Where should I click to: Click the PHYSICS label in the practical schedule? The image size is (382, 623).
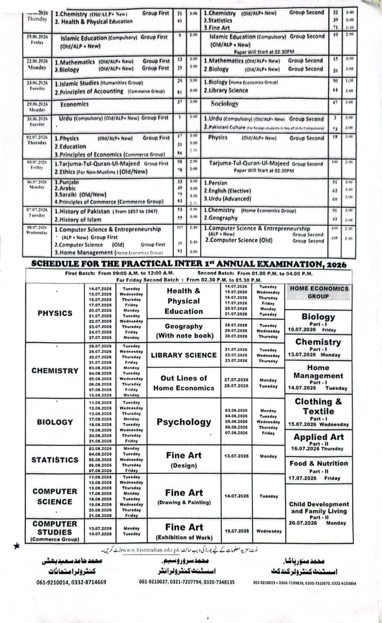(x=55, y=313)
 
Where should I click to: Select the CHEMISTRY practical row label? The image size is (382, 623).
(x=55, y=370)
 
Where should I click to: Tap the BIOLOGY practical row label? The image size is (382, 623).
(x=55, y=422)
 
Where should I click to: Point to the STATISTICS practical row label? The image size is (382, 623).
(x=55, y=459)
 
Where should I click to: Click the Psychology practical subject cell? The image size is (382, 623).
(x=184, y=422)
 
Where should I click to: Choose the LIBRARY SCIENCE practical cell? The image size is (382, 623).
(x=184, y=355)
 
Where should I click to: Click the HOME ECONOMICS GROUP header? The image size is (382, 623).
(x=319, y=292)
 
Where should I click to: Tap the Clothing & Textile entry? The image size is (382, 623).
(x=319, y=406)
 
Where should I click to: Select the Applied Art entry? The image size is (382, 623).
(x=319, y=437)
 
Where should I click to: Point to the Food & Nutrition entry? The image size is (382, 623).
(x=319, y=463)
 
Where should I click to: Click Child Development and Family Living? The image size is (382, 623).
(x=319, y=508)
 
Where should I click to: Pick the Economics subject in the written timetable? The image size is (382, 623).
(x=75, y=104)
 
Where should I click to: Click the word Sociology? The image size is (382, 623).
(x=225, y=104)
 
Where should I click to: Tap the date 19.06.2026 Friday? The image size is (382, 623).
(x=37, y=39)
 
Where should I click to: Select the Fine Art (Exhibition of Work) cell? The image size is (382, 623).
(x=184, y=531)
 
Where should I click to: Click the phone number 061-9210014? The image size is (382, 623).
(x=54, y=582)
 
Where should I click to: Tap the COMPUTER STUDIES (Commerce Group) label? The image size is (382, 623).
(x=55, y=531)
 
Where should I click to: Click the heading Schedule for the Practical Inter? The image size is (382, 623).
(x=189, y=264)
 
